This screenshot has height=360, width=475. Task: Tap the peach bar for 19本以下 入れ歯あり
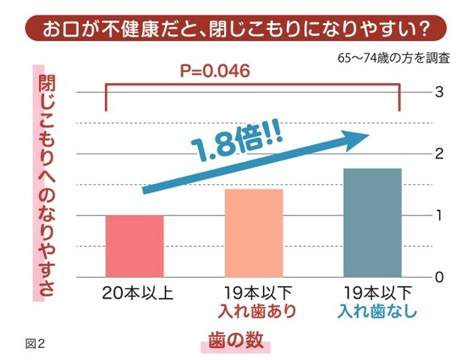pos(254,233)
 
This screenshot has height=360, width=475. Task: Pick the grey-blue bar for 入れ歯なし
pos(372,222)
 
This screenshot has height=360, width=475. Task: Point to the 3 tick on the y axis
pos(441,92)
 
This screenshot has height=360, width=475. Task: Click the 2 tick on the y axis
pos(441,154)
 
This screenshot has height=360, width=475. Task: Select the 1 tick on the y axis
pos(441,216)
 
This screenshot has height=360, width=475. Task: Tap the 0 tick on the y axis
pos(441,277)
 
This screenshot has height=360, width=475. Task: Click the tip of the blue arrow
pos(370,135)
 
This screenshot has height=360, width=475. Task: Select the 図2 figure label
pos(36,344)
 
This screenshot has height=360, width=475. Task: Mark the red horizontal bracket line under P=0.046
pos(255,85)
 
